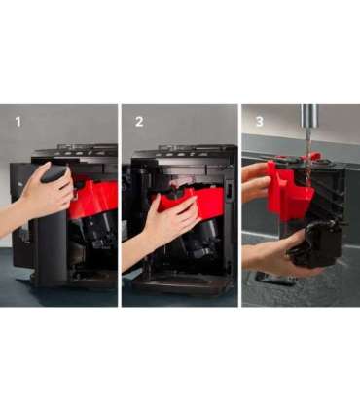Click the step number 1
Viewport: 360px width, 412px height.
pos(18,122)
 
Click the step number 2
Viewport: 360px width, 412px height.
pos(139,122)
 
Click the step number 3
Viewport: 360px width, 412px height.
pos(260,122)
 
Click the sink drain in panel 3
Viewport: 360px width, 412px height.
pos(275,279)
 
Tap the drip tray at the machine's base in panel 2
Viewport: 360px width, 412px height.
pos(182,286)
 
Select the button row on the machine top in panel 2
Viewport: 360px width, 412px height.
pos(185,152)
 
